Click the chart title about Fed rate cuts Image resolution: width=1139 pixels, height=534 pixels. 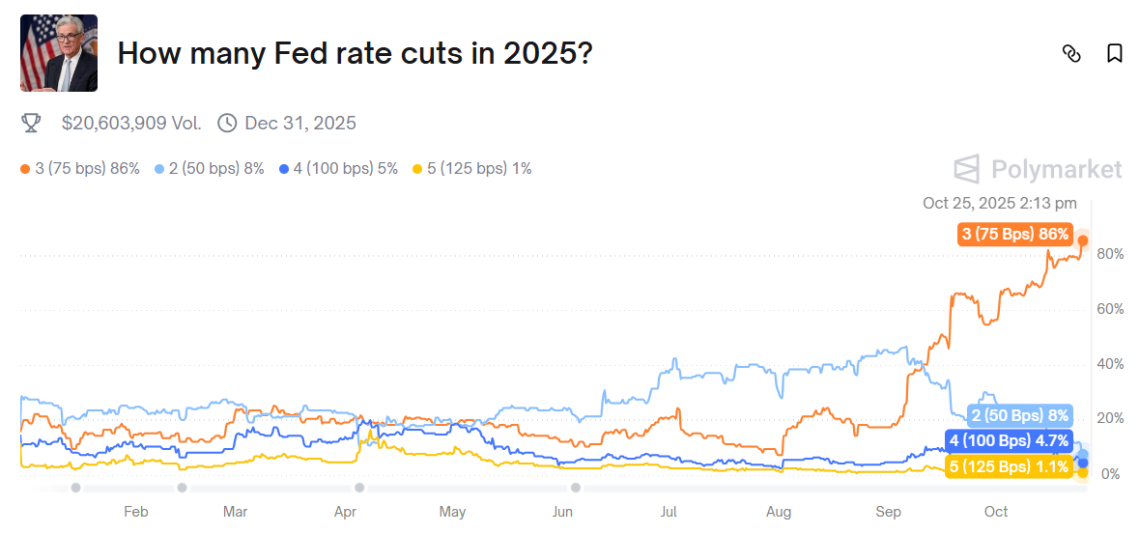(x=354, y=53)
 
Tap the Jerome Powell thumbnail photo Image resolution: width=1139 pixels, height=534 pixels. (x=59, y=53)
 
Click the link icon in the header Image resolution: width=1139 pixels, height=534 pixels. (x=1071, y=53)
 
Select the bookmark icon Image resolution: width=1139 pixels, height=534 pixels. (x=1115, y=53)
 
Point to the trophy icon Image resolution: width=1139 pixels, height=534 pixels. (x=31, y=123)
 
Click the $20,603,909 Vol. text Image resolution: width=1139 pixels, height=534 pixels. (x=131, y=123)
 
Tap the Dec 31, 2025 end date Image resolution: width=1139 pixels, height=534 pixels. (x=299, y=123)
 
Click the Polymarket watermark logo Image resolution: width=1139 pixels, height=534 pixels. (x=1039, y=170)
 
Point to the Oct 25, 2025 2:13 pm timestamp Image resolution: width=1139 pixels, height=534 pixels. (x=999, y=203)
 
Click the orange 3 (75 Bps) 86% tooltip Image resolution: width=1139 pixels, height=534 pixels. (x=1014, y=234)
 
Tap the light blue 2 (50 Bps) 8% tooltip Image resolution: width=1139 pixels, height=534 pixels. (x=1019, y=416)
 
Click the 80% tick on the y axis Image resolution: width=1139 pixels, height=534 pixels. (x=1110, y=254)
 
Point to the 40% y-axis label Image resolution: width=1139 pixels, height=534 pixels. (x=1110, y=364)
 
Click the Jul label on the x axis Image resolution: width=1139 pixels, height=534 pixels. (x=669, y=512)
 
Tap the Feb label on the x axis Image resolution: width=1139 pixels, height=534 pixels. (x=136, y=512)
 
